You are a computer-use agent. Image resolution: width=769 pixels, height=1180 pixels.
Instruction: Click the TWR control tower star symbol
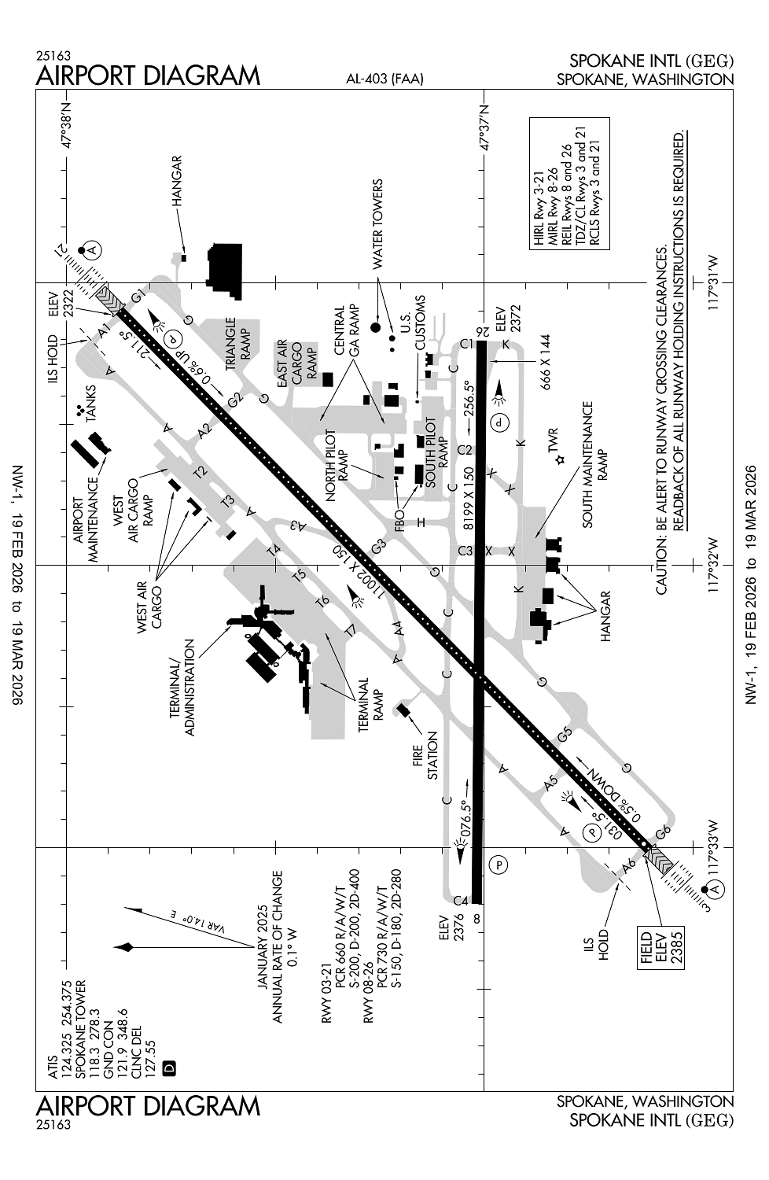click(559, 459)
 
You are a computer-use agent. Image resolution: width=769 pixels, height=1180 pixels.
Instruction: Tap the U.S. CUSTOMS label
click(414, 323)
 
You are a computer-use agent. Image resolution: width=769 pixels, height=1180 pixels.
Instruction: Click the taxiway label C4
click(462, 899)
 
